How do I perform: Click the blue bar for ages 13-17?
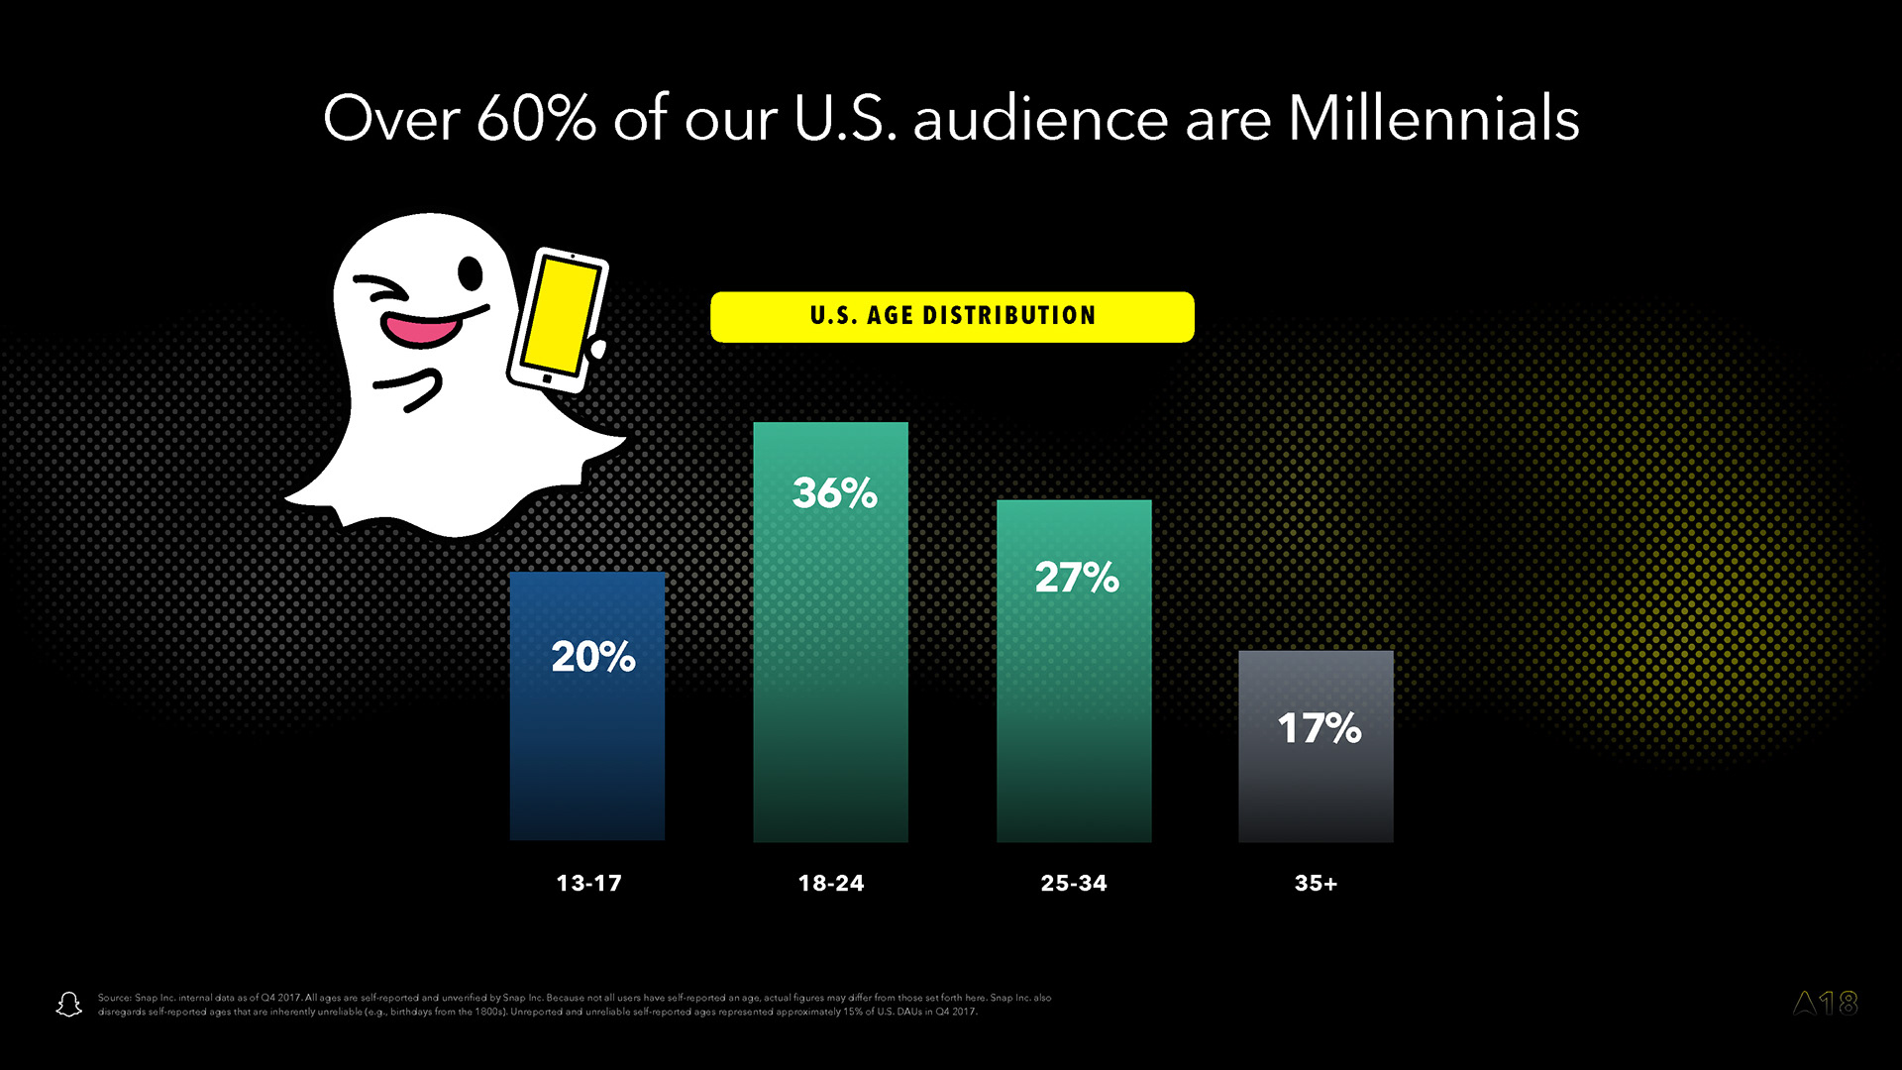point(586,753)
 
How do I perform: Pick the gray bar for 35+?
point(1316,783)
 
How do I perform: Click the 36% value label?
point(834,492)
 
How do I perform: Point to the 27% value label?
point(1077,577)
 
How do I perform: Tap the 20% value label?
point(592,656)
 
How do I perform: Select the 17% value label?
point(1320,728)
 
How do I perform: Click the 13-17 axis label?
point(588,883)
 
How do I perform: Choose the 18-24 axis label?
point(831,883)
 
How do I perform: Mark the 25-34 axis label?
point(1074,883)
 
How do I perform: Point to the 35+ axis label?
point(1316,883)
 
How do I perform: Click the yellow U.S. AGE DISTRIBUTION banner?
point(952,316)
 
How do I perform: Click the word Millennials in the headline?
point(1432,119)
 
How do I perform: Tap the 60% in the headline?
point(535,119)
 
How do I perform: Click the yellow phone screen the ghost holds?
point(560,315)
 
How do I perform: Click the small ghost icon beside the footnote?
point(68,1005)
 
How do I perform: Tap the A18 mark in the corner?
point(1825,1004)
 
